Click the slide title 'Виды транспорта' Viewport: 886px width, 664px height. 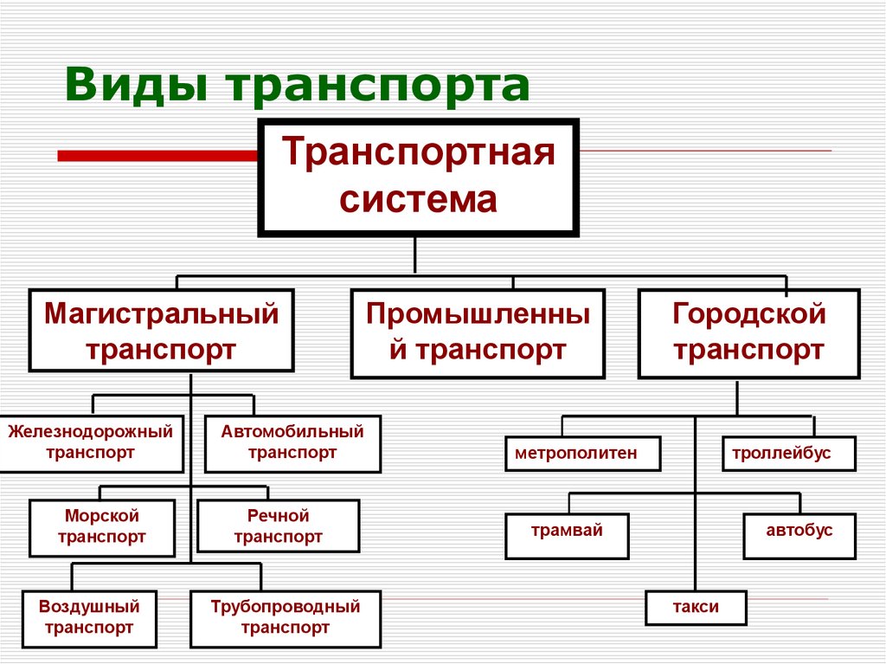click(x=296, y=87)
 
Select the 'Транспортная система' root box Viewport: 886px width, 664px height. click(x=418, y=177)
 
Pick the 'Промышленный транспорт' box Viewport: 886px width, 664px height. click(x=478, y=333)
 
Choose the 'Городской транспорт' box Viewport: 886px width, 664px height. click(x=748, y=333)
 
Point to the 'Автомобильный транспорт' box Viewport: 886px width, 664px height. click(x=292, y=442)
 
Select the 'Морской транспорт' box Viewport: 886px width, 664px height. click(x=101, y=526)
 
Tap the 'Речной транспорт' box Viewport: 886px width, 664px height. click(x=278, y=526)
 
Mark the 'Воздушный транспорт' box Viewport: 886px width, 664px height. click(x=89, y=617)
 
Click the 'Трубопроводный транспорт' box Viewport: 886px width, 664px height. click(x=285, y=617)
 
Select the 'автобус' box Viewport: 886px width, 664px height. click(x=799, y=536)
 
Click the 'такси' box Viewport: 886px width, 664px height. click(x=695, y=607)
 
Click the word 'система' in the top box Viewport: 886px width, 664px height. click(x=418, y=200)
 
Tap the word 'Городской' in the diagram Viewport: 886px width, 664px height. click(x=748, y=313)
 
